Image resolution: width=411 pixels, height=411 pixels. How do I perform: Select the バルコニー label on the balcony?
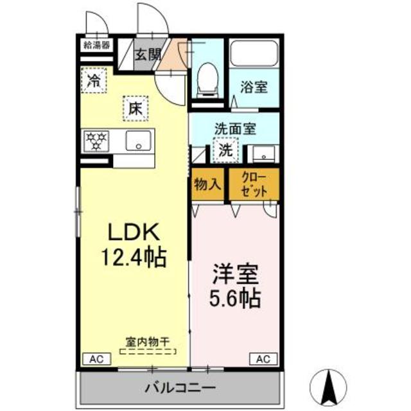point(180,388)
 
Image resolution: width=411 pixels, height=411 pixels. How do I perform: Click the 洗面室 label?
point(236,128)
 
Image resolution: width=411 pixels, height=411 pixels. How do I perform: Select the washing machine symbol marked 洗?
point(225,152)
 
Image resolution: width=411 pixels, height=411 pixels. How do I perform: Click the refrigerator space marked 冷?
point(94,81)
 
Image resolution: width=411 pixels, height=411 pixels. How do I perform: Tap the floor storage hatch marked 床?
point(135,109)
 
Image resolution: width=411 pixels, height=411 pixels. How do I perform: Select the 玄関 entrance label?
point(147,55)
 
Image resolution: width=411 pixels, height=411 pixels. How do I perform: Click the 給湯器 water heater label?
point(96,45)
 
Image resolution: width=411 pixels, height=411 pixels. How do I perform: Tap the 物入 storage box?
point(207,184)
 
